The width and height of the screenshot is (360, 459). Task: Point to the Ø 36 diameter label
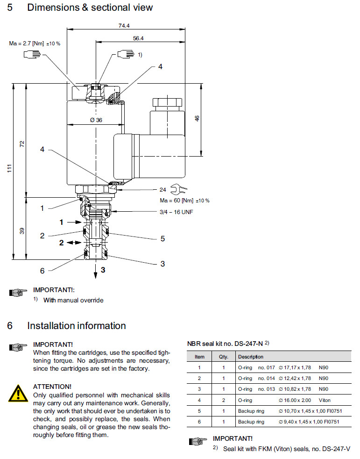[96, 120]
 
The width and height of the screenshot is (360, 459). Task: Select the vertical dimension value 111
[10, 171]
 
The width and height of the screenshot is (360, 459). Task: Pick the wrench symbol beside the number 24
[179, 189]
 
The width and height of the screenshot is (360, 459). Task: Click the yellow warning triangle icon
[18, 393]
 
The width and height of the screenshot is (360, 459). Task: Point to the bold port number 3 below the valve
[103, 270]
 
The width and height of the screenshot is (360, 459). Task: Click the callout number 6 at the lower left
[42, 271]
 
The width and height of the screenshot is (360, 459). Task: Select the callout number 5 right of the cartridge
[162, 238]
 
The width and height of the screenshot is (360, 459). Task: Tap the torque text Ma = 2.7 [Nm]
[35, 43]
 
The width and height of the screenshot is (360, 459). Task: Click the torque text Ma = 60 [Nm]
[184, 201]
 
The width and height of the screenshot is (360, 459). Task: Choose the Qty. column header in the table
[223, 357]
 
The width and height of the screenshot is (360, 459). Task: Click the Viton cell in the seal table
[325, 400]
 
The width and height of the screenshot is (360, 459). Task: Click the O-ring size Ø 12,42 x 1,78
[294, 378]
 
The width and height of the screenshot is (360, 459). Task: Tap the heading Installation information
[76, 326]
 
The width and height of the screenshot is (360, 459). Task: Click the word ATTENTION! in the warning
[52, 387]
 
